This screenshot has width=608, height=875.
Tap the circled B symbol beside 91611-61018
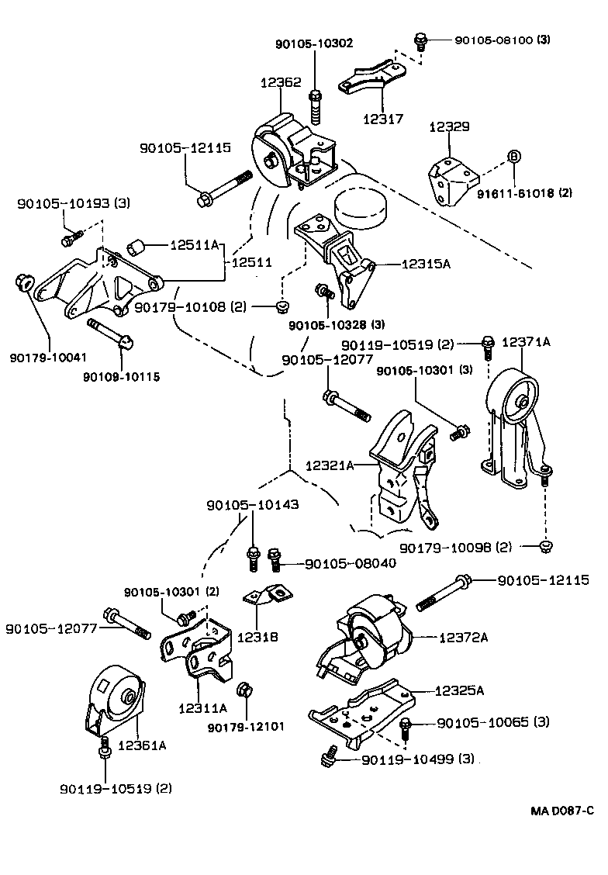pos(513,156)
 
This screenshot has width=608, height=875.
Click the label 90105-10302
pos(314,44)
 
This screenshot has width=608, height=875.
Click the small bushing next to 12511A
pos(138,247)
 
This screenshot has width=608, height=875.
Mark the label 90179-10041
pos(48,358)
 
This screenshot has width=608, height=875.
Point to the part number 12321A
pos(330,465)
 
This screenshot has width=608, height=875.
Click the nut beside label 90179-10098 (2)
pos(545,548)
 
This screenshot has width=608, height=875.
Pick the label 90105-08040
pos(350,563)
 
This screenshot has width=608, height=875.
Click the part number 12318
pos(259,637)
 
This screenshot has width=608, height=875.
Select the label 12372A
pos(463,638)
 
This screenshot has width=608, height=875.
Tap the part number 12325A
pos(459,690)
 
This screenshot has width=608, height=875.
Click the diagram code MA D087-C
pos(562,811)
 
